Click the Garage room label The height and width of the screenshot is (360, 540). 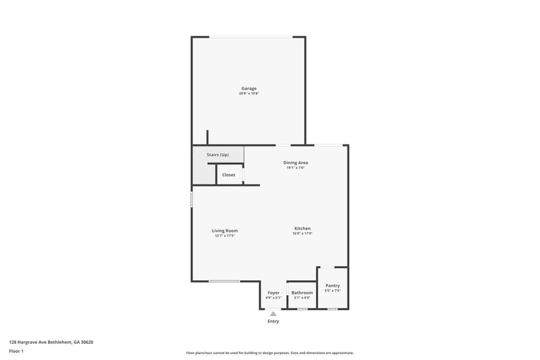tap(249, 88)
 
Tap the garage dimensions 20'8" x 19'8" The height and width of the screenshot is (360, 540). tap(248, 94)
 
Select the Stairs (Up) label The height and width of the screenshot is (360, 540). tap(217, 155)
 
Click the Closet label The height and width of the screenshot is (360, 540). tap(229, 175)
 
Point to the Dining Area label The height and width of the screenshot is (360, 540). tap(296, 163)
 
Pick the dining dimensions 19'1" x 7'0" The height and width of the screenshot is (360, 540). tap(296, 168)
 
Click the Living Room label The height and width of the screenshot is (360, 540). tap(225, 230)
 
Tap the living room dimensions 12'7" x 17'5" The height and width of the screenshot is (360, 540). tap(225, 236)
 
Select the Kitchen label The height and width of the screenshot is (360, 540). tap(302, 228)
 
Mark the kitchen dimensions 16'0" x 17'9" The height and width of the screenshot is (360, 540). tap(302, 234)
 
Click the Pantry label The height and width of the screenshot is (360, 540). tap(332, 286)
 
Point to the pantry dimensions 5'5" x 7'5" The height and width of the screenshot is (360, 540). tap(332, 291)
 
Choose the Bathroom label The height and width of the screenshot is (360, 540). tap(302, 292)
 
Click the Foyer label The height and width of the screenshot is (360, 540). tap(273, 292)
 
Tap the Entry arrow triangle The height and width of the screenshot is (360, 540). tap(273, 313)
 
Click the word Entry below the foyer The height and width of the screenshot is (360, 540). tap(273, 321)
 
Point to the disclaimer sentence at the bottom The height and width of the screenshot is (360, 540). tap(269, 353)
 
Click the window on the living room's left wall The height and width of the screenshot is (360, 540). tap(192, 200)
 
